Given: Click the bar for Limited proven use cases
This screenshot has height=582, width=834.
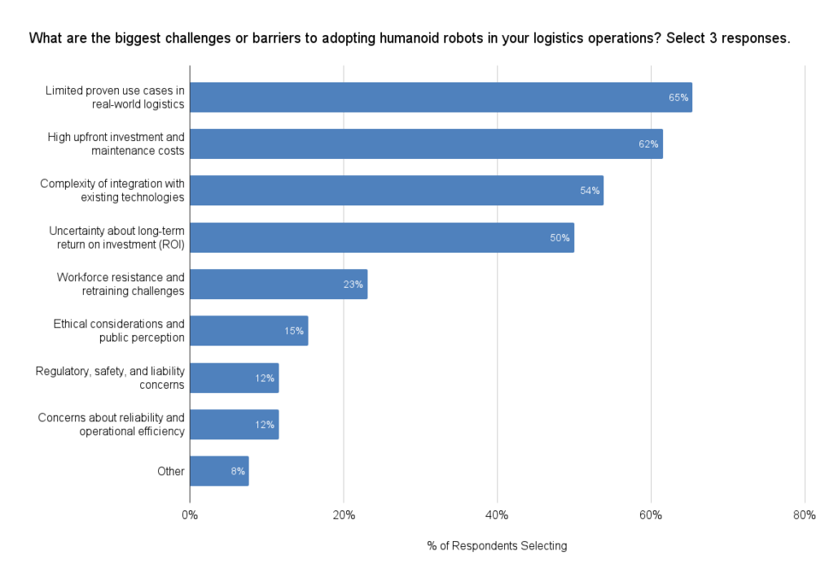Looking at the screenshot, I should coord(440,97).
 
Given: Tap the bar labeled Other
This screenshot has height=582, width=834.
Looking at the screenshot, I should coord(218,471).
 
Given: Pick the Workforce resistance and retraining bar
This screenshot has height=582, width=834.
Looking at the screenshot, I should coord(278,284).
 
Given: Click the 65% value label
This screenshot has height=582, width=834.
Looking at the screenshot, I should coord(678,98).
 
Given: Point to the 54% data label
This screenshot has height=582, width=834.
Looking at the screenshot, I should coord(590,191).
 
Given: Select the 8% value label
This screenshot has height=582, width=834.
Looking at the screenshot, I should coord(238,472).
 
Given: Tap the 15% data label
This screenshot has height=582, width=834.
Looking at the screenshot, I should coord(294,331).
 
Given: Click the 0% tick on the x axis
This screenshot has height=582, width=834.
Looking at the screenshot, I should coord(190,515).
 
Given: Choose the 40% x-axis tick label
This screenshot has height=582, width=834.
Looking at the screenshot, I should coord(497,515).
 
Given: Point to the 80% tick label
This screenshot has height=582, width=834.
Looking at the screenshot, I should coord(804,515).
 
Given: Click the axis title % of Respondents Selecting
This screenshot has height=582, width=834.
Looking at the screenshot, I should coord(497,546).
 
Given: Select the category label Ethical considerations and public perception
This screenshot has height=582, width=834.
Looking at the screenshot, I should coord(119,331).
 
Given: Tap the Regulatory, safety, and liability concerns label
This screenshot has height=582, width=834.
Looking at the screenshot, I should coord(110,377).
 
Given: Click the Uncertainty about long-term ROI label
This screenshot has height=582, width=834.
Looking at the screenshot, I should coord(116,237).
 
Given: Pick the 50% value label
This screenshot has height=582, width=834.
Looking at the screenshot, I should coord(560,238).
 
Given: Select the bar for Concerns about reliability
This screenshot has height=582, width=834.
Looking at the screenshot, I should coord(234,425).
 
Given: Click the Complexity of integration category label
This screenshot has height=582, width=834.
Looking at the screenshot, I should coord(112,190).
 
